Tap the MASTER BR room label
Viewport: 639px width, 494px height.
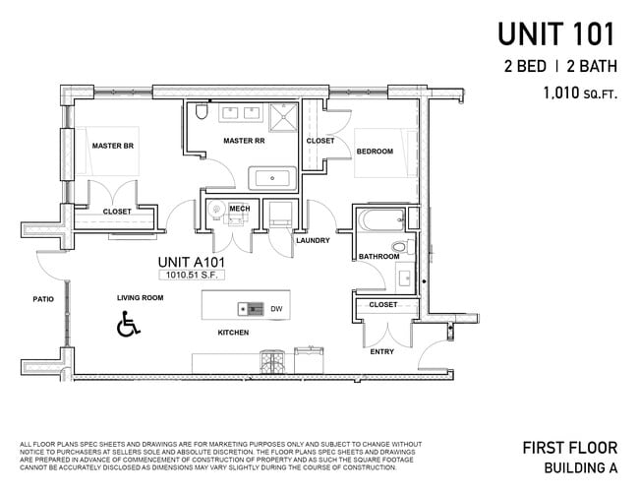113,146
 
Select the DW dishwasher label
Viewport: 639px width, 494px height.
276,309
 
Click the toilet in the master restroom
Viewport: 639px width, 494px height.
201,112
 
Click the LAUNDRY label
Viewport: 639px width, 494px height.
313,240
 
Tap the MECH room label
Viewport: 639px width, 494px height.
239,209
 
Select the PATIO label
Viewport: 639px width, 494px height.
42,299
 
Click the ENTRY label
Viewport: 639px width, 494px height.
381,351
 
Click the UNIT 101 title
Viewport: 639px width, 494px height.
555,34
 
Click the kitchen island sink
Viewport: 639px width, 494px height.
253,309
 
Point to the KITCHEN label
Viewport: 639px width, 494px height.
233,333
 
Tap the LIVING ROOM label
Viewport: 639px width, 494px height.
140,297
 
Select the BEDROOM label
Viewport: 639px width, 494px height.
375,152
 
